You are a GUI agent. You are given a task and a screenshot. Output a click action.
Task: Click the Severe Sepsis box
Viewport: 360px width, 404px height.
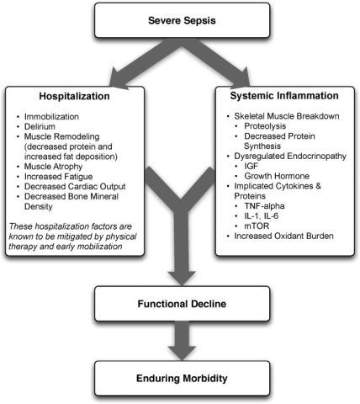coord(182,20)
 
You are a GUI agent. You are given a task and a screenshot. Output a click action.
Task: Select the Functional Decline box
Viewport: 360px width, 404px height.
coord(182,304)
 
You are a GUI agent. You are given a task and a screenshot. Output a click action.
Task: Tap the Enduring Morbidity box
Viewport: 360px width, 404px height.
coord(182,378)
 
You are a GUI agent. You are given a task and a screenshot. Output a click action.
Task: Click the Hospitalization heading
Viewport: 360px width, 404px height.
coord(74,96)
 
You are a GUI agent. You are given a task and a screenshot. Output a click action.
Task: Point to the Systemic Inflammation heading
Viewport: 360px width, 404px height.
coord(284,96)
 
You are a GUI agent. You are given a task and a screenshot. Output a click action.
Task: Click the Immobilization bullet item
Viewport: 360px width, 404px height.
coord(51,116)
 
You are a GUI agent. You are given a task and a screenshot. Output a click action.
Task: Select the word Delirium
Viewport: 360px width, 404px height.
coord(40,126)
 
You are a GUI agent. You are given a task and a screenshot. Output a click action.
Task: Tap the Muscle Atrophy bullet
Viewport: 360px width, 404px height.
coord(53,167)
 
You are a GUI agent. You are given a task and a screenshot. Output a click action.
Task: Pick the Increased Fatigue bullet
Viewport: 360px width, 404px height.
coord(58,177)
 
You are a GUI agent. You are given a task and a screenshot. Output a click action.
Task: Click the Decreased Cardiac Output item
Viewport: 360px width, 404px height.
coord(75,186)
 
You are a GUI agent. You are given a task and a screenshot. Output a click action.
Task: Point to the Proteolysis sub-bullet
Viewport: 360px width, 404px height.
coord(265,126)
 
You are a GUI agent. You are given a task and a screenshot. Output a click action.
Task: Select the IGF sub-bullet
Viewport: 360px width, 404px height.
coord(251,166)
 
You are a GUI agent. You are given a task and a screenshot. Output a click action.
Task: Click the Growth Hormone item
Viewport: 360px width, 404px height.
coord(277,176)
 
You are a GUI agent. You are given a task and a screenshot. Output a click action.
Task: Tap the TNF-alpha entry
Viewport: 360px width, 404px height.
coord(264,206)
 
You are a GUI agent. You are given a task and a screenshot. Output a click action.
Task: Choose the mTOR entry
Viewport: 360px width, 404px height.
coord(257,226)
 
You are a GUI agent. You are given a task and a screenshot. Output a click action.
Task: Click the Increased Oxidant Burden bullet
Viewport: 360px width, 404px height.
coord(284,236)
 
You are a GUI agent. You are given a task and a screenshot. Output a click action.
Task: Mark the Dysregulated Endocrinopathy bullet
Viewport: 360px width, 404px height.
coord(290,156)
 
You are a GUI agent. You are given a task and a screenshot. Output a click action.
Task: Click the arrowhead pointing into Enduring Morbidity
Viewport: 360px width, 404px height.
coord(182,353)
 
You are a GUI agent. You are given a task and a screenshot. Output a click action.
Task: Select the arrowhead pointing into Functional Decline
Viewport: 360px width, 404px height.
coord(182,279)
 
